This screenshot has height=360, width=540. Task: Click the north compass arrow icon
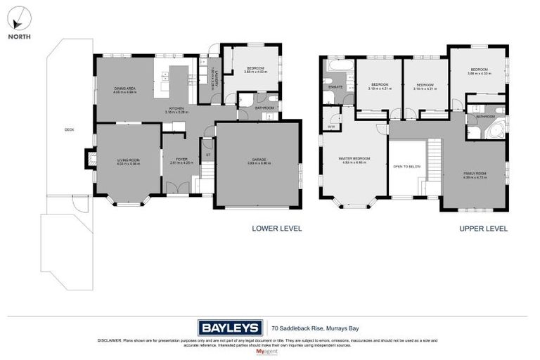coord(20,16)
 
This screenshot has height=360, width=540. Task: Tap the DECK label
coord(69,129)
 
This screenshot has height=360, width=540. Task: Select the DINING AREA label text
coord(124,89)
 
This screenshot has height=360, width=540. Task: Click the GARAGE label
coord(258,161)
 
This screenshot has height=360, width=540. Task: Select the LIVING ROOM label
coord(128,161)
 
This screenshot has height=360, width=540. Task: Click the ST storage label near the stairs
coord(207,155)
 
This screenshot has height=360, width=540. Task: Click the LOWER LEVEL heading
coord(276,229)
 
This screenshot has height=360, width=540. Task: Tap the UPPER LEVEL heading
coord(483,229)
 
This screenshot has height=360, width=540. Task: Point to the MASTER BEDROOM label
coord(354,160)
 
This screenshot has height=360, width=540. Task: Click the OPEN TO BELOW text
coord(407,167)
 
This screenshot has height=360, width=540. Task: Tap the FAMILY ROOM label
coord(475,175)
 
